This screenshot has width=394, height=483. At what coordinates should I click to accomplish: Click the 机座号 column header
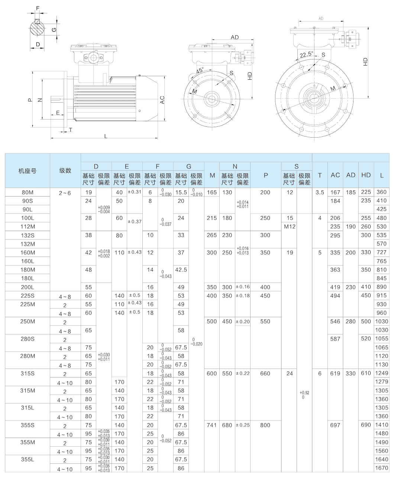[28, 171]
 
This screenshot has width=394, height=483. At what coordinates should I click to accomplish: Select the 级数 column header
[65, 171]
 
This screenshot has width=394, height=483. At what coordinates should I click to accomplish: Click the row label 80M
[28, 192]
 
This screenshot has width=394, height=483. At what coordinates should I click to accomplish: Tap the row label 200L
[28, 287]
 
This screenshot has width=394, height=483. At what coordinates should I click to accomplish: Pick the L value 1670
[381, 468]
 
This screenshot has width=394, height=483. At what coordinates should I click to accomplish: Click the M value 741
[211, 425]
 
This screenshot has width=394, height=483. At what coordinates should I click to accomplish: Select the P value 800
[265, 425]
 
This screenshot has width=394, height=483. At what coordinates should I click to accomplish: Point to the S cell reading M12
[290, 226]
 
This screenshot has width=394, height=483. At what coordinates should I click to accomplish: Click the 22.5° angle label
[307, 54]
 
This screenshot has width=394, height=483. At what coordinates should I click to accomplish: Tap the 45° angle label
[200, 70]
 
